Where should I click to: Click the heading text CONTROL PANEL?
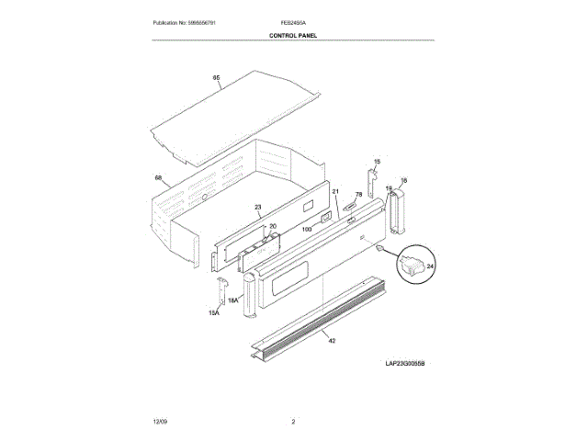click(x=293, y=35)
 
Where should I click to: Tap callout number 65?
click(x=217, y=79)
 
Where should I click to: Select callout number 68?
click(x=158, y=178)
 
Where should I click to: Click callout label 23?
click(x=258, y=207)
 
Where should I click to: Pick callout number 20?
click(x=272, y=226)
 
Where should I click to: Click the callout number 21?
click(x=336, y=192)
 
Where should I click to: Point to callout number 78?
click(x=358, y=196)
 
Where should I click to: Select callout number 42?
click(x=332, y=341)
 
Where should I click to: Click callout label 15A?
click(x=214, y=314)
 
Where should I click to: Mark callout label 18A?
click(x=233, y=300)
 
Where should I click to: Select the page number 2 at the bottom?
click(x=293, y=422)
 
